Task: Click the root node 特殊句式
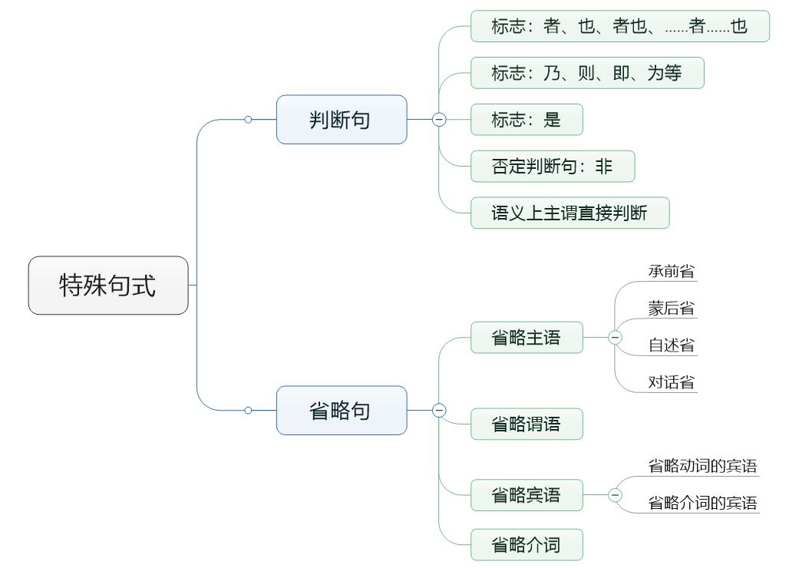tap(108, 286)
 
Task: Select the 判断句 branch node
tap(342, 120)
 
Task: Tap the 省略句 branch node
tap(342, 411)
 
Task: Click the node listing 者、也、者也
tap(619, 27)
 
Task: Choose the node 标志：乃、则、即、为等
tap(587, 73)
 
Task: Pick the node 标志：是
tap(527, 120)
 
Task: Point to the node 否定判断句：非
tap(553, 166)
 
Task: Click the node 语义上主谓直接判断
tap(570, 213)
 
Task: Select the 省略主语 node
tap(527, 337)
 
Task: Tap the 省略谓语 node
tap(527, 424)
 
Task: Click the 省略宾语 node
tap(527, 495)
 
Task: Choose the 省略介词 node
tap(527, 545)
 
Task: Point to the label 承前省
tap(672, 272)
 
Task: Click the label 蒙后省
tap(672, 309)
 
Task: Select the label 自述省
tap(672, 345)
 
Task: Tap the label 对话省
tap(672, 382)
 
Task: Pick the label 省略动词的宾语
tap(703, 466)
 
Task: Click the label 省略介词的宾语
tap(703, 503)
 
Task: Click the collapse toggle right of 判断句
tap(439, 120)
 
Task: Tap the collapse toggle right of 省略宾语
tap(615, 495)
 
